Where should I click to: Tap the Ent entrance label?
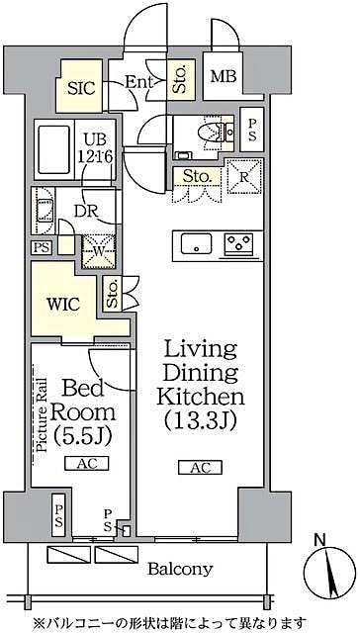tap(137, 83)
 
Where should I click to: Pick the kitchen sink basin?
tap(195, 243)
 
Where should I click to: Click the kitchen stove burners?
tap(237, 243)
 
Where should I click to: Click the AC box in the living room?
tap(202, 468)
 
